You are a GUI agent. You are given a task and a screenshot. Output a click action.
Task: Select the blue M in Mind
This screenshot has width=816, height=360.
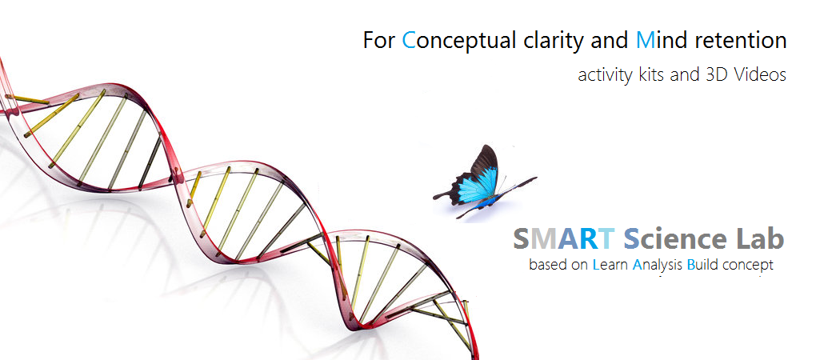(646, 41)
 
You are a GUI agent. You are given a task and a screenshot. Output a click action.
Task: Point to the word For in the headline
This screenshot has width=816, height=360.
(379, 41)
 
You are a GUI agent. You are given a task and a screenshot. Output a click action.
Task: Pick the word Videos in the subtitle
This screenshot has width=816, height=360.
(759, 75)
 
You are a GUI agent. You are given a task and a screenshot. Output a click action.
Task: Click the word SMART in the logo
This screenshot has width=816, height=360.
(564, 238)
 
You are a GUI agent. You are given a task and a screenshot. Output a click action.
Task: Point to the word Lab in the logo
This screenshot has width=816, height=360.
(760, 238)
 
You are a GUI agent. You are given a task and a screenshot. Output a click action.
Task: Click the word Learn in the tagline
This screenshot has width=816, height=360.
(610, 265)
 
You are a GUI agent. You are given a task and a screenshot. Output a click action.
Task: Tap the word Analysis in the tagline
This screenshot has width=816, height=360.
(658, 266)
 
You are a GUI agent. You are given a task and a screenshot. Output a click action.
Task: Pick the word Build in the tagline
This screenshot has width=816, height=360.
(702, 265)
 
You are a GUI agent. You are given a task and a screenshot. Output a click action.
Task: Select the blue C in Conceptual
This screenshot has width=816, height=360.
(409, 41)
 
